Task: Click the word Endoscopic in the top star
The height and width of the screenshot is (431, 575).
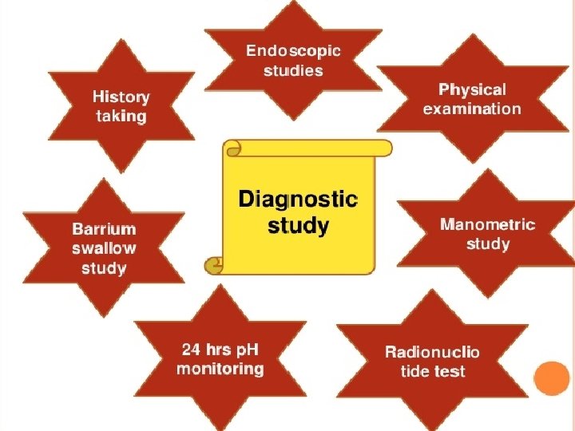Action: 293,51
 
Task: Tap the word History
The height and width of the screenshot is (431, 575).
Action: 121,97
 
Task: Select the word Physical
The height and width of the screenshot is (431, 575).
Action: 472,90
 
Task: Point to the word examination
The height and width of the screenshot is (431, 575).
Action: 472,109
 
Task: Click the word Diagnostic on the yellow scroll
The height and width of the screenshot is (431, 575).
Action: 299,199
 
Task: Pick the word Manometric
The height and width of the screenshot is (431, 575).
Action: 487,224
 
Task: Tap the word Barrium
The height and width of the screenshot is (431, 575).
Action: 104,230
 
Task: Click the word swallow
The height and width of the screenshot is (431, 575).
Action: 104,248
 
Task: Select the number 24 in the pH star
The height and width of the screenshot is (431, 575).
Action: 192,350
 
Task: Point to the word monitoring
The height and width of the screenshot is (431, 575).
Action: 220,369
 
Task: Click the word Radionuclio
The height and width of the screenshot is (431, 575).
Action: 432,352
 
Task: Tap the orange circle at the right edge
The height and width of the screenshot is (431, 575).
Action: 552,379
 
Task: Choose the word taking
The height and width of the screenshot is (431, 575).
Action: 121,117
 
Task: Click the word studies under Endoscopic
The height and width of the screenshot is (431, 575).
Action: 293,70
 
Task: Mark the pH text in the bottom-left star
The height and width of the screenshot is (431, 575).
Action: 245,350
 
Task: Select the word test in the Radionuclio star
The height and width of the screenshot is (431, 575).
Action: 450,371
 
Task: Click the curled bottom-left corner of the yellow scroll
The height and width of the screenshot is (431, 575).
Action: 215,263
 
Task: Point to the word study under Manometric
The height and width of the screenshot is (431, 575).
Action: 487,243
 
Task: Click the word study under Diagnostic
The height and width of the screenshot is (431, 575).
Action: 298,226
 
